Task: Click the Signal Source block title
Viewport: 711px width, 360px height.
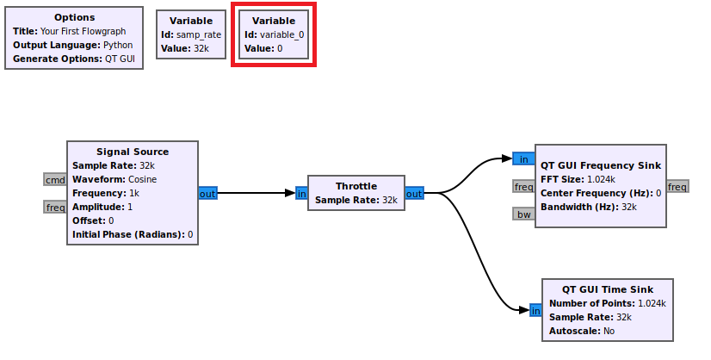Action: (x=133, y=152)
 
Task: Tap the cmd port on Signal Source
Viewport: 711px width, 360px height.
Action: (x=55, y=179)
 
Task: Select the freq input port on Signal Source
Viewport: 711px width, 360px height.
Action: (x=55, y=207)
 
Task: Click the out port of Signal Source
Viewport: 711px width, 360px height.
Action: (x=207, y=193)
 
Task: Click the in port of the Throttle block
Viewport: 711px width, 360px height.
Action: (x=301, y=193)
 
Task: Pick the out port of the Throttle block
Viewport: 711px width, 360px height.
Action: (x=414, y=193)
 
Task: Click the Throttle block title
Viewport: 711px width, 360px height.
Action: (x=355, y=186)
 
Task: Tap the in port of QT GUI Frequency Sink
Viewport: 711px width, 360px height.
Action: (x=523, y=158)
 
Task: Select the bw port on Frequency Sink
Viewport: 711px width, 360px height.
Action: (x=523, y=214)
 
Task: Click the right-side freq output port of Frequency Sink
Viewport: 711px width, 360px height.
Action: (x=677, y=186)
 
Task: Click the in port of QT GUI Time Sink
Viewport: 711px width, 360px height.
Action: (x=535, y=310)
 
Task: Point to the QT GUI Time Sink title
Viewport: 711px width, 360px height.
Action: (x=608, y=289)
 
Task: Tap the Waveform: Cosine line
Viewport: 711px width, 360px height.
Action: (x=114, y=179)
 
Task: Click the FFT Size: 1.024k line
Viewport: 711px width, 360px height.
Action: (x=584, y=179)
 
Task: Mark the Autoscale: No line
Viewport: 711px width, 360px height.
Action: (x=578, y=331)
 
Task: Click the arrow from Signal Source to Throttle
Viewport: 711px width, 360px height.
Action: (x=254, y=193)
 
